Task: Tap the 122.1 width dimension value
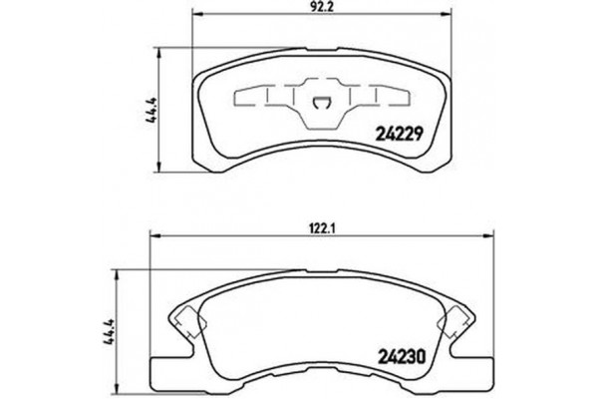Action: [x=322, y=226]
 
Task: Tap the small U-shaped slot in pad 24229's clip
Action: [x=321, y=100]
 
